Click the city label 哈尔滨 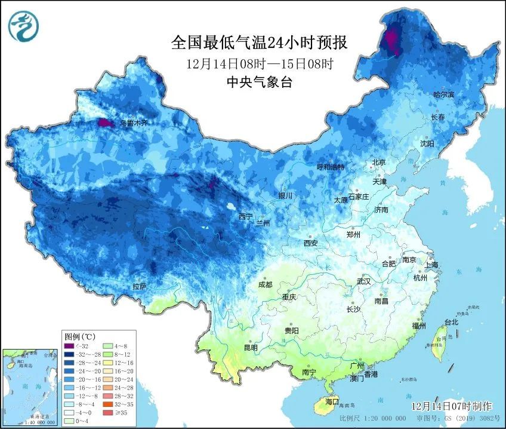pos(443,94)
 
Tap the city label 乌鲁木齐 pos(133,122)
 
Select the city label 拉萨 pos(139,286)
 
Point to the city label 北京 pos(379,163)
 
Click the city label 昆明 pos(251,348)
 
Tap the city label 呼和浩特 pos(331,167)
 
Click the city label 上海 pos(431,265)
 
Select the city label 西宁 pos(246,216)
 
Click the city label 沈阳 pos(427,143)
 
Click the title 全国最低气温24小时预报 pos(258,42)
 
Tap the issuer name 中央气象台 pos(258,83)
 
